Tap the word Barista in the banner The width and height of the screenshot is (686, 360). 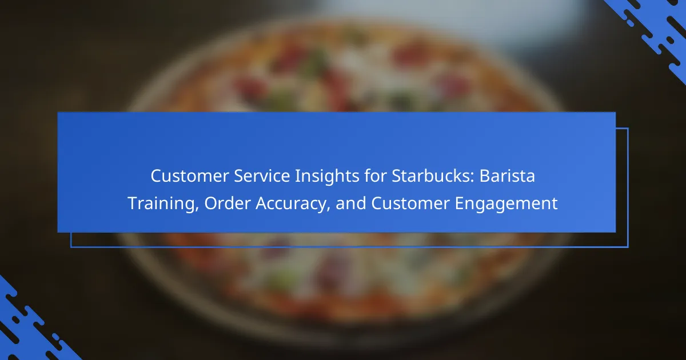point(507,176)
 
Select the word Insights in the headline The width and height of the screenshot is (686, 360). point(327,177)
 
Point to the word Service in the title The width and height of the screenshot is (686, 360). point(262,176)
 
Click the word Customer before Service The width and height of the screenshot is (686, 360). point(190,176)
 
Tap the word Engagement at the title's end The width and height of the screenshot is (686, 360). point(506,204)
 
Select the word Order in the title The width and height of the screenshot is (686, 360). point(228,203)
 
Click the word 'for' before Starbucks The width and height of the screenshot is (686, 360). point(376,176)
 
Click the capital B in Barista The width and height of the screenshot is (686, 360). point(485,176)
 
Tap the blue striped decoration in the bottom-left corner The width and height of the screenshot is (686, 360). point(31,325)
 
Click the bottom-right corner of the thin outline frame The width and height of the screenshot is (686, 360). point(628,247)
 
